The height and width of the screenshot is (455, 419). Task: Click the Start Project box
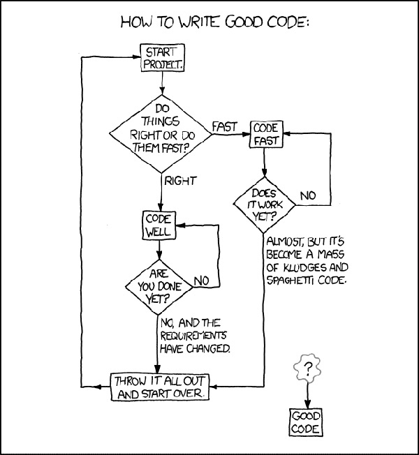[162, 58]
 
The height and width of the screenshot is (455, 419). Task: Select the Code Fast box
[266, 134]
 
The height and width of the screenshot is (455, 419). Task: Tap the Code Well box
[159, 225]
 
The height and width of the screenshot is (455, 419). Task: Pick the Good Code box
[306, 422]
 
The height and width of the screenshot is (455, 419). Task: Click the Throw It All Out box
[160, 387]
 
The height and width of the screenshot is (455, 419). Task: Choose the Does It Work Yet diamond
[264, 205]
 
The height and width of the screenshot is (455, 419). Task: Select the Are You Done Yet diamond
[159, 287]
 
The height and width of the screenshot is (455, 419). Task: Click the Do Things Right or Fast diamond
[161, 134]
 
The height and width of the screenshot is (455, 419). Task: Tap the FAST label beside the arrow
[224, 127]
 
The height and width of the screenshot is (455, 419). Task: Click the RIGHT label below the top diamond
[180, 181]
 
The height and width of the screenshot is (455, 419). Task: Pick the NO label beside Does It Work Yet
[308, 196]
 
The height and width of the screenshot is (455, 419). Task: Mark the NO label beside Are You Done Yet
[201, 281]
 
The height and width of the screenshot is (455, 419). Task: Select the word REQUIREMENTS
[193, 336]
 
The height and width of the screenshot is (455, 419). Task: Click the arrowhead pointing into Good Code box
[307, 404]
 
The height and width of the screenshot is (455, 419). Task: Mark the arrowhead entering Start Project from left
[136, 57]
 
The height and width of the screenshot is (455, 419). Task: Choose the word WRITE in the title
[198, 22]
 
